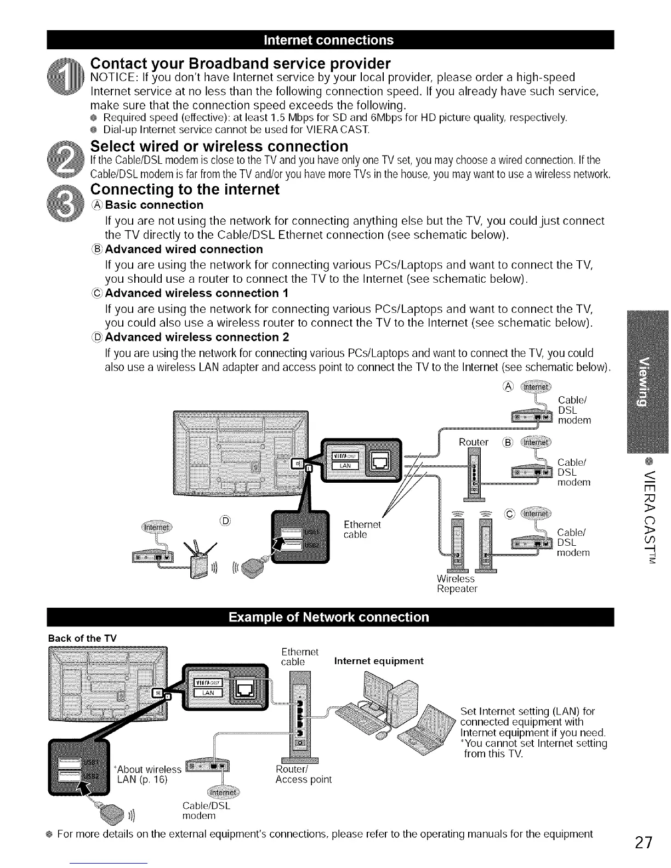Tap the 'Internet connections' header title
coord(329,40)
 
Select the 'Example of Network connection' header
coord(329,617)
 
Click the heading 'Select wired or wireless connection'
coord(219,146)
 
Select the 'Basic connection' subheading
coord(154,205)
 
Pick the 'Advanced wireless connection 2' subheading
coord(197,336)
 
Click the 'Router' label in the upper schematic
coord(474,442)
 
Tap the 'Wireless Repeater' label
coord(457,584)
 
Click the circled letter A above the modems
coord(507,386)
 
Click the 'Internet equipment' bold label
coord(379,661)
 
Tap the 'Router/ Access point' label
coord(303,774)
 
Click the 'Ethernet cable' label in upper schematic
coord(362,529)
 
